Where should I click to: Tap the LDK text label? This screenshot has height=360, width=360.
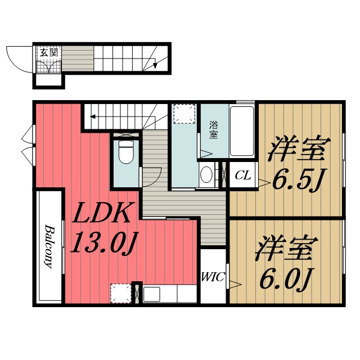(103, 214)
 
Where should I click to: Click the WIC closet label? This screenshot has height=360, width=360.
(213, 277)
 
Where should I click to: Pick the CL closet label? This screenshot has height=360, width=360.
(242, 175)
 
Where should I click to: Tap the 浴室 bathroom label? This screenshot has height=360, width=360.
(214, 130)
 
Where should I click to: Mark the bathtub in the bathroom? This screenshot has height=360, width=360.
(242, 130)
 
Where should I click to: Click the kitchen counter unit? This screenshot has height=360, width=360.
(169, 294)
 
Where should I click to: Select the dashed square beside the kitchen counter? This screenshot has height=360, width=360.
(120, 293)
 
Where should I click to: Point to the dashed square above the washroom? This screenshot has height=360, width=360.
(183, 114)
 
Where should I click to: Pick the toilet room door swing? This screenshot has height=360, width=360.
(151, 178)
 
